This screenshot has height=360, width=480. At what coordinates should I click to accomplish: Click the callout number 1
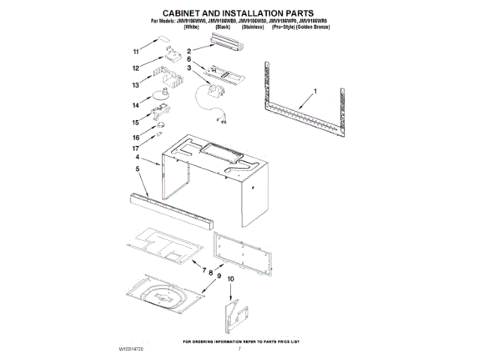316,91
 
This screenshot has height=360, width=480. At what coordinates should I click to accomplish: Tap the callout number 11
136,52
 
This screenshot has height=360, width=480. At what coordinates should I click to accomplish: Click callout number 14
136,105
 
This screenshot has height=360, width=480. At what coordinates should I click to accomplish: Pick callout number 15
136,122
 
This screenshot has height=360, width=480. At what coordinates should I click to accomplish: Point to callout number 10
231,280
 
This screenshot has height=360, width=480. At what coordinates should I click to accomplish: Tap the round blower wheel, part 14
160,94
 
